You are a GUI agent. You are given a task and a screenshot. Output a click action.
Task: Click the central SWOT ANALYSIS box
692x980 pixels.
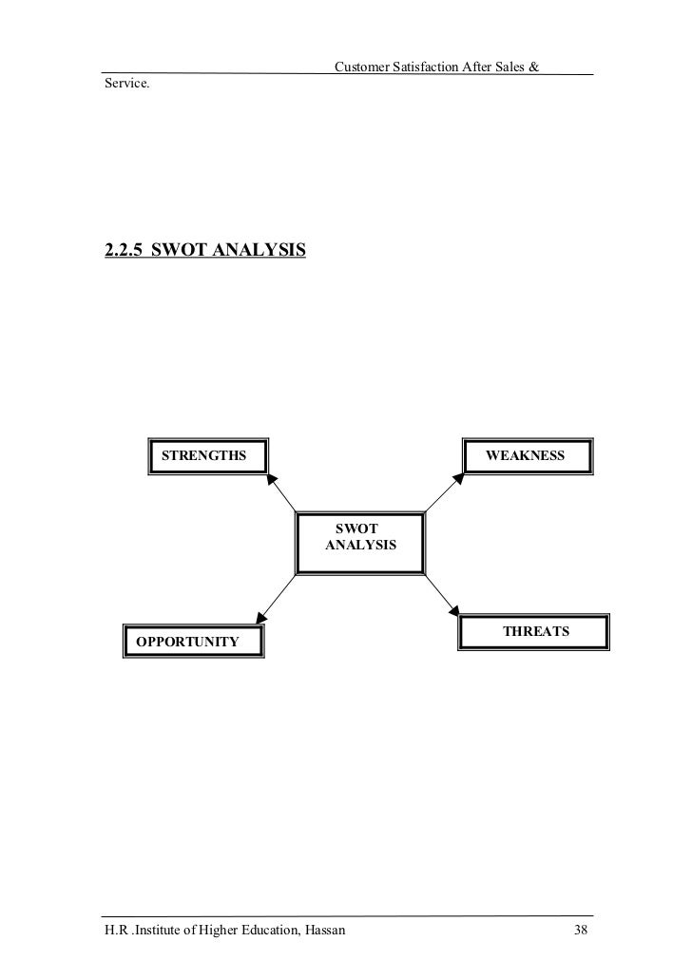(x=361, y=543)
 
